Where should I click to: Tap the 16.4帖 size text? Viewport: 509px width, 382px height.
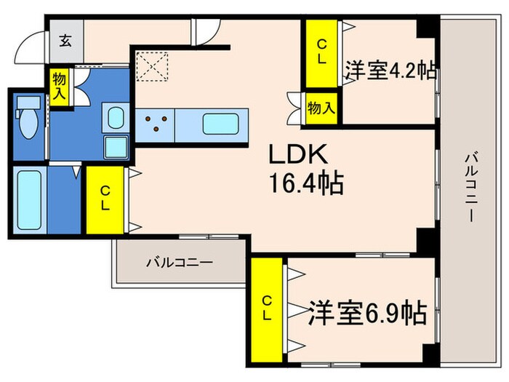pyautogui.click(x=302, y=182)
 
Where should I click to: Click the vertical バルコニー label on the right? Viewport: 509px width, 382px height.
pyautogui.click(x=471, y=186)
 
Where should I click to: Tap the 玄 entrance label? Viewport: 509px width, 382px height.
pyautogui.click(x=65, y=41)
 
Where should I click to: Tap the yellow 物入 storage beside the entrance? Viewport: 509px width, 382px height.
pyautogui.click(x=59, y=87)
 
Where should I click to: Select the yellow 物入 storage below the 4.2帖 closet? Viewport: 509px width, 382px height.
pyautogui.click(x=321, y=108)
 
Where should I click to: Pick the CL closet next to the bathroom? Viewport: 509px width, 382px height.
pyautogui.click(x=105, y=199)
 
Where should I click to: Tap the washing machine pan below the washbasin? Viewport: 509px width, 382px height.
pyautogui.click(x=116, y=147)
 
